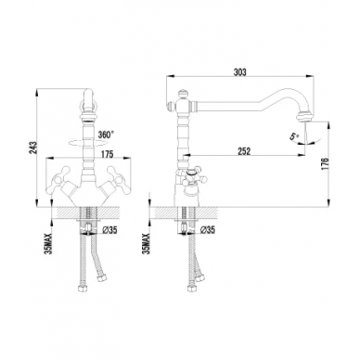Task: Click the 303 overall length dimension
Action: click(240, 72)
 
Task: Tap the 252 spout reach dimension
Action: click(244, 151)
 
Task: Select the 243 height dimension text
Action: click(33, 148)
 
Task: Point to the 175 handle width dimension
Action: click(107, 154)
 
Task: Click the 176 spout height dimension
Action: click(324, 164)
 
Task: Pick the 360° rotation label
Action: click(106, 135)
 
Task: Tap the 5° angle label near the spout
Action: click(294, 136)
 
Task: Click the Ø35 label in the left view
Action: click(109, 230)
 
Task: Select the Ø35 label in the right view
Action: click(207, 229)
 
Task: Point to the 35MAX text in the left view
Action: click(48, 244)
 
